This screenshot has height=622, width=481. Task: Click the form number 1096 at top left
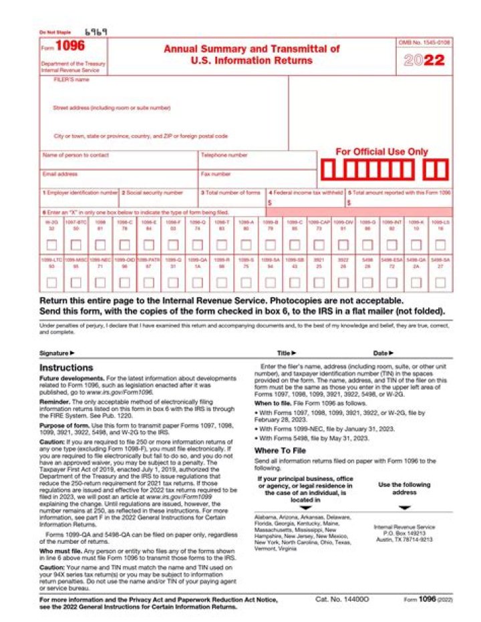coord(69,46)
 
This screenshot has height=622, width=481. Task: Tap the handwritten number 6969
coord(96,31)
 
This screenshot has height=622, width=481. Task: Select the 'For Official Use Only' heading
coord(381,152)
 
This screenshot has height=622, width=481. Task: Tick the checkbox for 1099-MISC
coord(76,282)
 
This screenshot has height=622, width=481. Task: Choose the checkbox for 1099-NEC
coord(100,282)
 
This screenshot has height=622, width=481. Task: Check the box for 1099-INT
coord(391,245)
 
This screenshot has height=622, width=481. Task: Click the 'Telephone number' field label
coord(224,155)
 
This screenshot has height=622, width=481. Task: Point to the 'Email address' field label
coord(60,174)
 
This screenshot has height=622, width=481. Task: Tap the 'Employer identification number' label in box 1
coord(80,192)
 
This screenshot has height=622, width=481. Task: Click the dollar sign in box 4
coord(269,202)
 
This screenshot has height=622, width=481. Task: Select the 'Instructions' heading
coord(66,367)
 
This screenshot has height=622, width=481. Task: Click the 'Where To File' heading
coord(281,450)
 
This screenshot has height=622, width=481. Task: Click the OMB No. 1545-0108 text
coord(424,42)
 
